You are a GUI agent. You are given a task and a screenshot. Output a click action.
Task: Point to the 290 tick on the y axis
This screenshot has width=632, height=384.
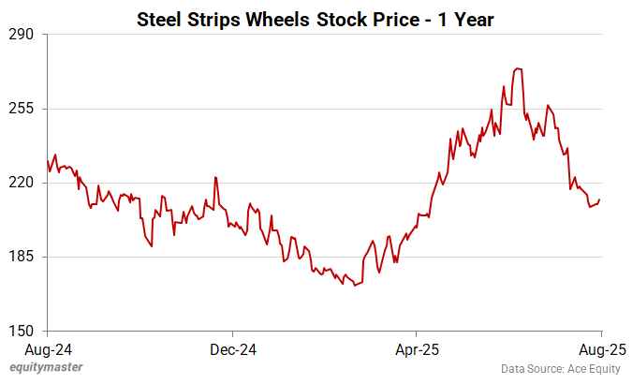tap(22, 35)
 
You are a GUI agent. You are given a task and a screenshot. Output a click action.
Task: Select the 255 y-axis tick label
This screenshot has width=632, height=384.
tap(22, 109)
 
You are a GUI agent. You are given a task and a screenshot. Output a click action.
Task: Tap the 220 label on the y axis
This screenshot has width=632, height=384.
tap(22, 183)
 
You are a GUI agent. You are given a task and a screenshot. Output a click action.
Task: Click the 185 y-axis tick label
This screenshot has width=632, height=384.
tap(22, 257)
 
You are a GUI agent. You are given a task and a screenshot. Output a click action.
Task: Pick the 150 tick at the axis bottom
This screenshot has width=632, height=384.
tap(22, 331)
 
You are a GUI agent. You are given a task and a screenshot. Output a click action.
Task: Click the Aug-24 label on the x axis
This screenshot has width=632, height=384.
tap(48, 349)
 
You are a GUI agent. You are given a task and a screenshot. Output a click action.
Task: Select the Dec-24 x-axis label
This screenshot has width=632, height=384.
tap(232, 349)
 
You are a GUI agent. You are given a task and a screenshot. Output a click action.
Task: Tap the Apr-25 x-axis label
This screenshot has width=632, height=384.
tap(417, 349)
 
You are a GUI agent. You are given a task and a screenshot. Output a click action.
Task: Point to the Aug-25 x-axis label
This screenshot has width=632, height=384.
tap(600, 349)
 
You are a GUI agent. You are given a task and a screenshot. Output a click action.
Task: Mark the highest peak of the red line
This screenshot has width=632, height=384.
tap(518, 68)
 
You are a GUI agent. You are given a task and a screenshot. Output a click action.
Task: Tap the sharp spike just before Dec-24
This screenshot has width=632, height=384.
tap(215, 177)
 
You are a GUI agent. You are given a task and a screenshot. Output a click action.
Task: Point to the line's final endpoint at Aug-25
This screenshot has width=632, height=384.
tap(600, 199)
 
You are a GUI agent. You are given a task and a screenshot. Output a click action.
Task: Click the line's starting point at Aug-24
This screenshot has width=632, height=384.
tap(48, 161)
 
